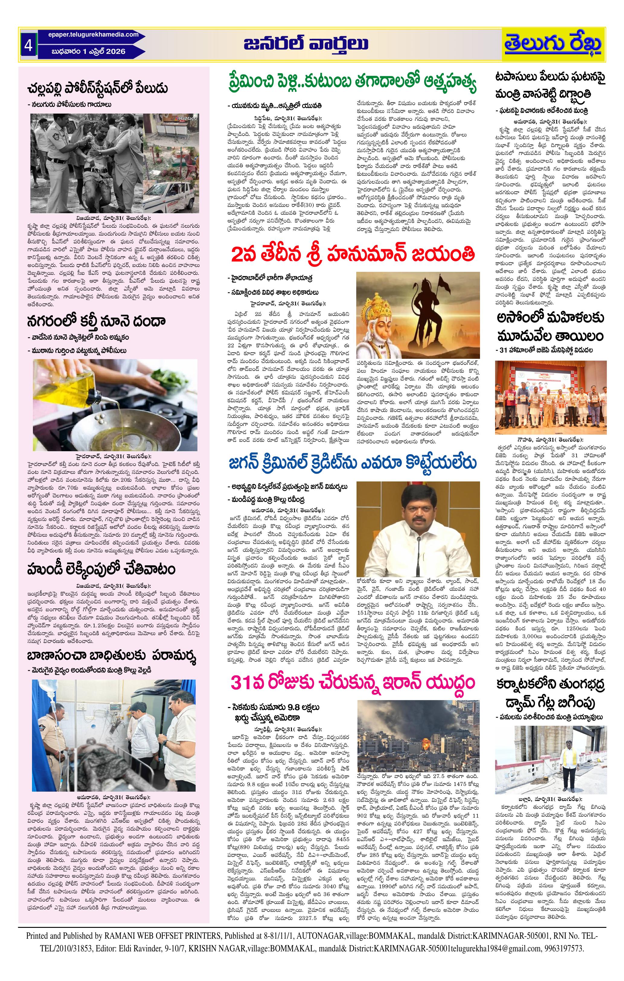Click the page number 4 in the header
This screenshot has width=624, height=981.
click(28, 45)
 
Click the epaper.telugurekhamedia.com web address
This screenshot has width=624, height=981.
click(89, 35)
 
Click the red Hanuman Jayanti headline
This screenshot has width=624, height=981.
click(353, 255)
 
